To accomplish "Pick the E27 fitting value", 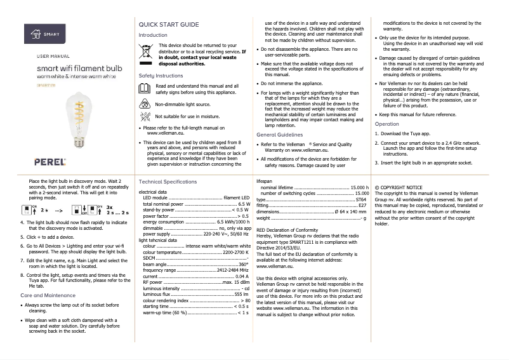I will pyautogui.click(x=362, y=206).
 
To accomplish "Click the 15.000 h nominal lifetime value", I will pyautogui.click(x=359, y=188).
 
